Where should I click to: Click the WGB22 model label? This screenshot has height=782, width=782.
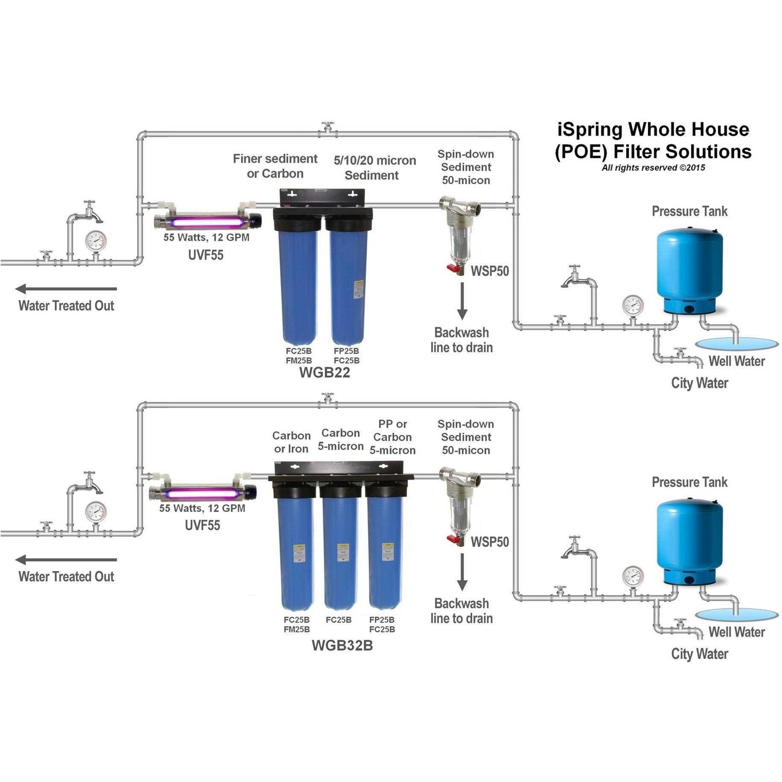coord(324,373)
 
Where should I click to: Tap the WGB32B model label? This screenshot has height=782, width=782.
coord(342,645)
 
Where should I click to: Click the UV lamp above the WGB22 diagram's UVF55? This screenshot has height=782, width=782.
coord(207,222)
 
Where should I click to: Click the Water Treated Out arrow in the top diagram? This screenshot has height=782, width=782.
coord(66,289)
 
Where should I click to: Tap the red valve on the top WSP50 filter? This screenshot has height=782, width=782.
coord(452,269)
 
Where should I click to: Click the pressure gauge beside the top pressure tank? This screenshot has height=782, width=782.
coord(633,306)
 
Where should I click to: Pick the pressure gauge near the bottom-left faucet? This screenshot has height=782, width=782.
coord(95,512)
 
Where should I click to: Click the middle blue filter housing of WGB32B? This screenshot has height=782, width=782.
coord(340,553)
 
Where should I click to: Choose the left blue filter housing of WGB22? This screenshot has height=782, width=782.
coord(296,287)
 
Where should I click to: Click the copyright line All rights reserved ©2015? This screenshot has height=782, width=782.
coord(653,168)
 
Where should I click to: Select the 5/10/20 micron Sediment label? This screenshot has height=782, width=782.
coord(374,167)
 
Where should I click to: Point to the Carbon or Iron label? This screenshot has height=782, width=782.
coord(291,442)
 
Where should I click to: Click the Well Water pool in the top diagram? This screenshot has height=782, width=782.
coord(736,343)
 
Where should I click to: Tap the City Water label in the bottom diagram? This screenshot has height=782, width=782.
coord(699,654)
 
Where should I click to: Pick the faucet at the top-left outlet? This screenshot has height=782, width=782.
coord(90,211)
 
